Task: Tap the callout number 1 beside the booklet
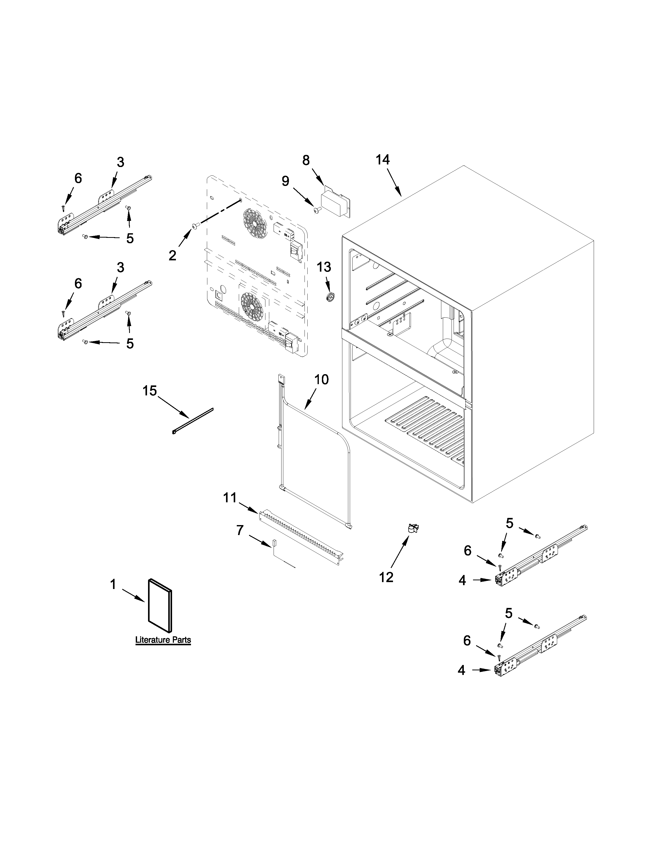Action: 113,585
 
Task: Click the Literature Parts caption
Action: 163,640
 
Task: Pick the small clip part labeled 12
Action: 413,528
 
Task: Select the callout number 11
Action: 230,498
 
